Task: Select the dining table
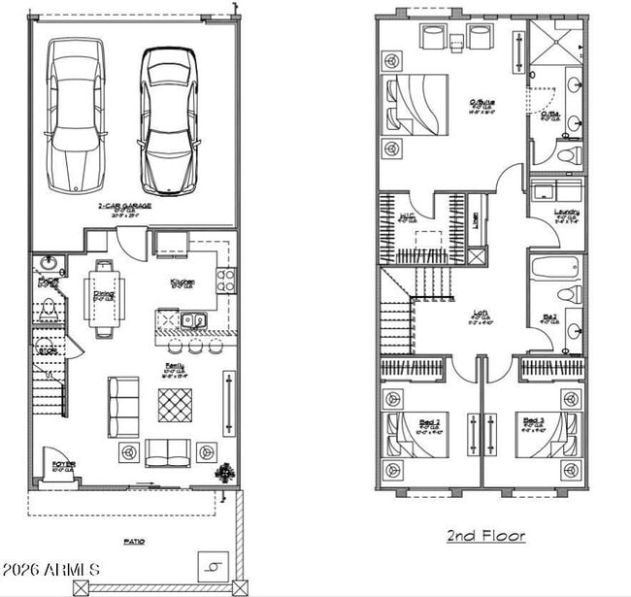(105, 296)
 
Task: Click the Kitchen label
(183, 282)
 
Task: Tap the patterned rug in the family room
(175, 404)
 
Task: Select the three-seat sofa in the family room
(122, 406)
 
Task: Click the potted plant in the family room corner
(225, 473)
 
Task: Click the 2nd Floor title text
(485, 535)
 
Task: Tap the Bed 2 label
(428, 421)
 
